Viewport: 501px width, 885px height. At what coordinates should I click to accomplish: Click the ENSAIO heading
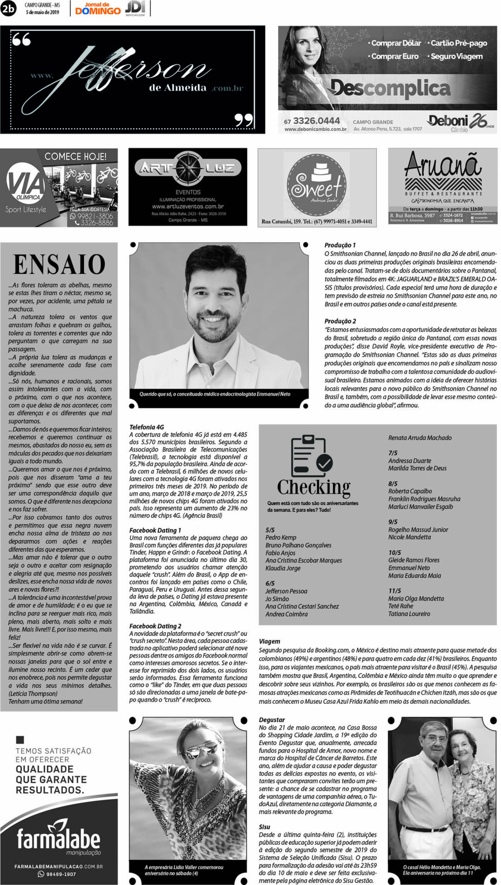point(59,264)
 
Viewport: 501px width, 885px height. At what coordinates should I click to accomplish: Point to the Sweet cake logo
point(317,185)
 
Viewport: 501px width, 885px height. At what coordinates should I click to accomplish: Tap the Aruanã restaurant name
point(443,165)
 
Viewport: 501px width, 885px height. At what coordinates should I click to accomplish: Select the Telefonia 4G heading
point(147,427)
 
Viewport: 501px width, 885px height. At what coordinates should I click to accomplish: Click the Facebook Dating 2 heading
point(155,626)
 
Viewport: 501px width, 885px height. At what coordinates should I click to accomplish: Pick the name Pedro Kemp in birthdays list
point(281,537)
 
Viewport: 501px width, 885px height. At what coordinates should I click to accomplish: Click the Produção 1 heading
point(340,245)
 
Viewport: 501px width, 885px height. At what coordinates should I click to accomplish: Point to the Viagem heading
point(269,641)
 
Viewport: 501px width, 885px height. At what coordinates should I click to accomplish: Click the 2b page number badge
point(8,9)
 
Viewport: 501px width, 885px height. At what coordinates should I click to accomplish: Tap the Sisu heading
point(265,827)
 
